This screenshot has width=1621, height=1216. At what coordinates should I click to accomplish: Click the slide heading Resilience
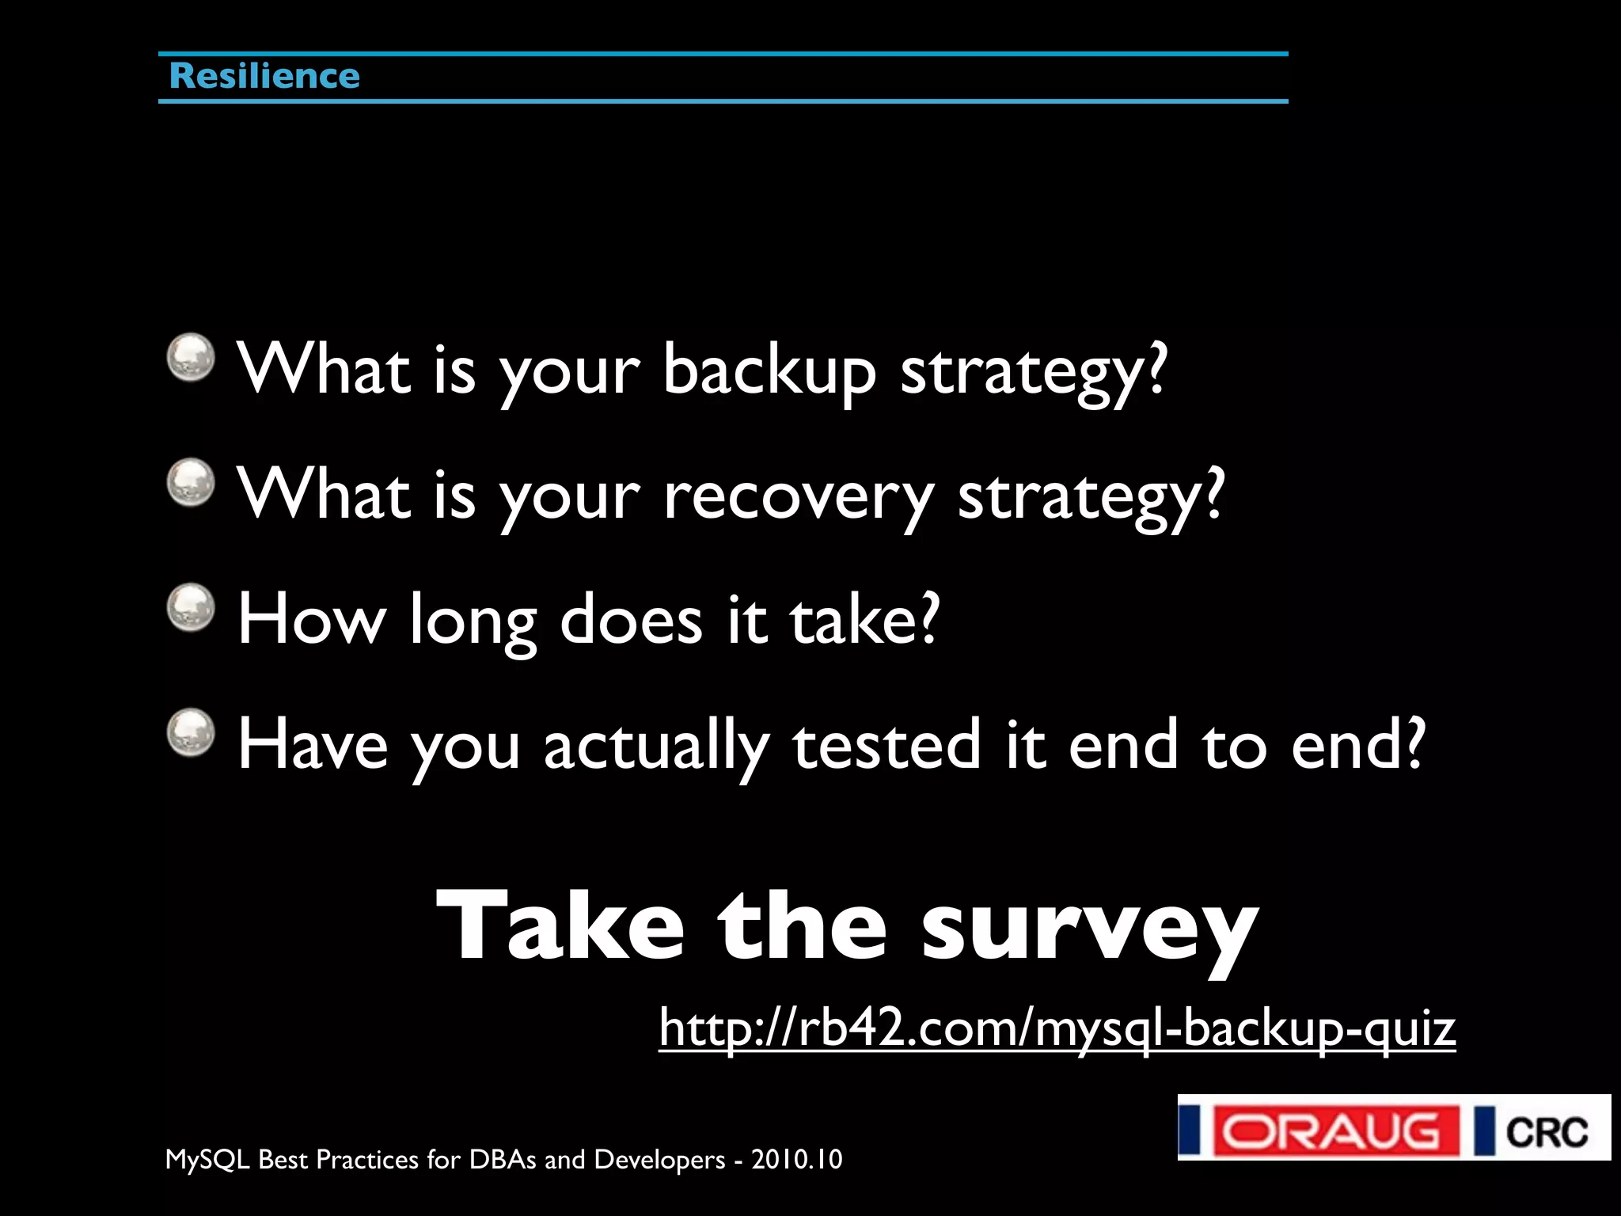(264, 77)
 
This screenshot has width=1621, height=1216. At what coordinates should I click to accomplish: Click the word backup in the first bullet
(769, 370)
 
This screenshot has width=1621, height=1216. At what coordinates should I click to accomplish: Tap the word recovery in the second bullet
(799, 496)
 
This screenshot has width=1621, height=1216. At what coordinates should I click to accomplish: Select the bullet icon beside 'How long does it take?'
(191, 608)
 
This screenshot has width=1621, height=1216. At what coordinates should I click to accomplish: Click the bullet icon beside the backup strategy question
(191, 357)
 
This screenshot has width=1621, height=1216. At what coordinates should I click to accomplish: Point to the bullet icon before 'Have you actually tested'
(191, 732)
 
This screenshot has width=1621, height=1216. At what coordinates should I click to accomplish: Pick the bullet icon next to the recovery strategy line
(191, 482)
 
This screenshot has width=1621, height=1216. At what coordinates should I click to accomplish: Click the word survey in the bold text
(1089, 926)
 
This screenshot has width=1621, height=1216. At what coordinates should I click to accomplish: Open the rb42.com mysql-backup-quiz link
(1057, 1028)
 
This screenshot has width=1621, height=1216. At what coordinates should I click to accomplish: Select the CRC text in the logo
(1546, 1130)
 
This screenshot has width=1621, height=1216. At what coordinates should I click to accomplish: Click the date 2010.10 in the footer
(796, 1160)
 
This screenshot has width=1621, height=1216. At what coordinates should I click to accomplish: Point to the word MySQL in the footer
(207, 1160)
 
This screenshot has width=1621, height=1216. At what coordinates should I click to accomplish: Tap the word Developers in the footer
(659, 1160)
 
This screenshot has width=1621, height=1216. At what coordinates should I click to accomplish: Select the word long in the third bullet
(473, 620)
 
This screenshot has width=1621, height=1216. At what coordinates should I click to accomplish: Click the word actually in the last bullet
(656, 746)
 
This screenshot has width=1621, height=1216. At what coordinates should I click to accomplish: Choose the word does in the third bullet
(631, 620)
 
